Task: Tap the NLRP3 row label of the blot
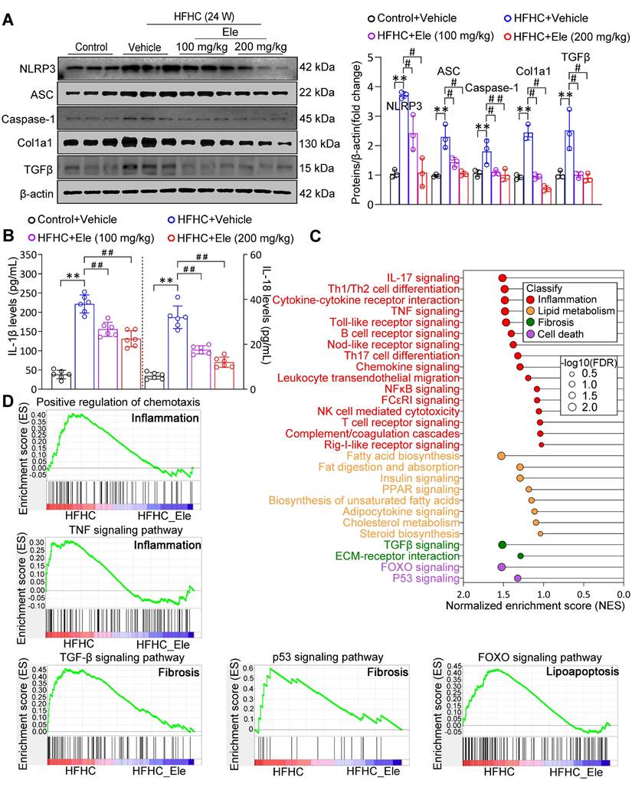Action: pyautogui.click(x=28, y=70)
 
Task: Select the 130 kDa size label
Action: pyautogui.click(x=316, y=143)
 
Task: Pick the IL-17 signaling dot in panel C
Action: pyautogui.click(x=503, y=278)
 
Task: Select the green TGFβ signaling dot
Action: pyautogui.click(x=503, y=545)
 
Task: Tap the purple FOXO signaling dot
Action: pyautogui.click(x=502, y=567)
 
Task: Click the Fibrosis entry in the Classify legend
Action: pyautogui.click(x=556, y=322)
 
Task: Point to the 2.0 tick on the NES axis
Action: pyautogui.click(x=462, y=594)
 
